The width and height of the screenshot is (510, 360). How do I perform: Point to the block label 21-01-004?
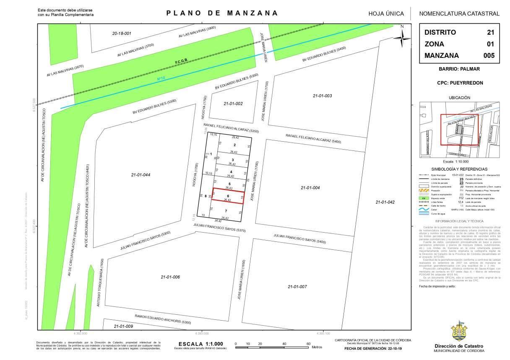click(x=310, y=188)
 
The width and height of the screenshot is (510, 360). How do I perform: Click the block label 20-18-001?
click(x=122, y=33)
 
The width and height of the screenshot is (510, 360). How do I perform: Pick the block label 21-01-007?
click(x=297, y=287)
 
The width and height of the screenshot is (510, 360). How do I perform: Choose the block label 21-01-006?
click(x=170, y=277)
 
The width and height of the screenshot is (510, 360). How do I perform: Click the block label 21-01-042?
click(x=384, y=202)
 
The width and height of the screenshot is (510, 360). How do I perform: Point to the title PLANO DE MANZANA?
click(x=222, y=13)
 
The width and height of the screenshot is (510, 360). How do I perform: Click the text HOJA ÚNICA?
click(x=386, y=13)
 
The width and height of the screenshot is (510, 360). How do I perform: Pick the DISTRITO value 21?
click(x=490, y=32)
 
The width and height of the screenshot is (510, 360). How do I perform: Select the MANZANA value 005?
click(x=489, y=55)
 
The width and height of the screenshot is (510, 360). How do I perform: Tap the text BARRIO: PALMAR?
click(x=459, y=69)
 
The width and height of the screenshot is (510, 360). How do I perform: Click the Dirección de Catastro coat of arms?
click(x=459, y=332)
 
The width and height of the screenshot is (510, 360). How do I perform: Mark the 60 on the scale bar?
click(x=308, y=344)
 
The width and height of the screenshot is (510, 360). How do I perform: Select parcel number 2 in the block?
click(x=234, y=145)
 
